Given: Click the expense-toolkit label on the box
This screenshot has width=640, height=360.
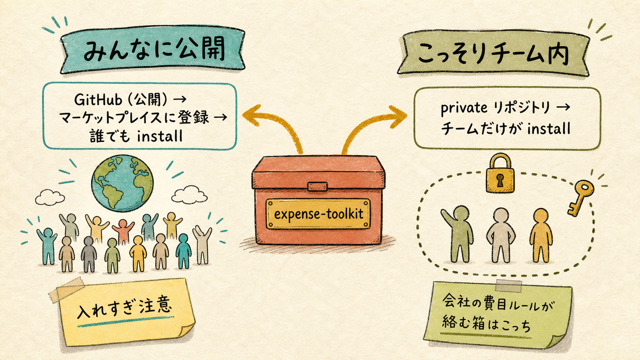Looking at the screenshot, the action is point(318,214).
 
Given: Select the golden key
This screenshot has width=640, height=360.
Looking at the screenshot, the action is point(580,197).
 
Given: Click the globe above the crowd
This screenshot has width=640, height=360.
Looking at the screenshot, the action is point(122,183).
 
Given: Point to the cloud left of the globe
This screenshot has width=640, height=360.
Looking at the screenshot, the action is point(50,197).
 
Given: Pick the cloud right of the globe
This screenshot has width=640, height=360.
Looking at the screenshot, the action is point(189,195).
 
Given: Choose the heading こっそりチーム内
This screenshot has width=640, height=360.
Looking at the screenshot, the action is point(493,54).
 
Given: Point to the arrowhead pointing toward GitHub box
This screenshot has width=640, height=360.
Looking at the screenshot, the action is point(251,115).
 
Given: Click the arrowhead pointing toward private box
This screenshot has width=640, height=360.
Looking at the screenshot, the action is point(398,116).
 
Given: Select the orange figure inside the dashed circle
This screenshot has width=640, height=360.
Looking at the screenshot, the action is point(541,235).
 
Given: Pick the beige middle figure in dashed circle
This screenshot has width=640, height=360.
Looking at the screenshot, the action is point(501,235).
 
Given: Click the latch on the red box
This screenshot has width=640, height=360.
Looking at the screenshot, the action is point(317,186).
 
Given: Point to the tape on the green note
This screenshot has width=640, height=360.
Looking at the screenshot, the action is point(509,286).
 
